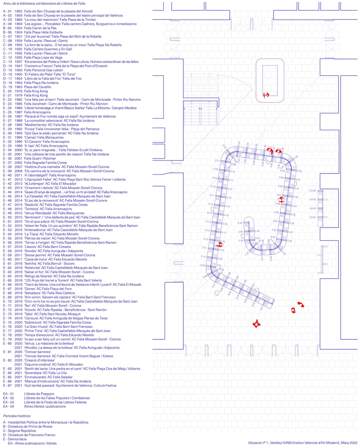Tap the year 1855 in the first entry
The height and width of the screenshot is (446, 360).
(x=18, y=11)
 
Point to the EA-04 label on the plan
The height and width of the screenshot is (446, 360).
(x=313, y=191)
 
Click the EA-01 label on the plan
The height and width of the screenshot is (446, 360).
(x=313, y=217)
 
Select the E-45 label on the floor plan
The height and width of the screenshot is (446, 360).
(x=240, y=223)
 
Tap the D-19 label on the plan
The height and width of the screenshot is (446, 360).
(x=214, y=178)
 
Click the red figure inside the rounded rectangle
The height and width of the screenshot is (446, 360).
(x=266, y=95)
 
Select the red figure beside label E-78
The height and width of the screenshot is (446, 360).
(x=219, y=244)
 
